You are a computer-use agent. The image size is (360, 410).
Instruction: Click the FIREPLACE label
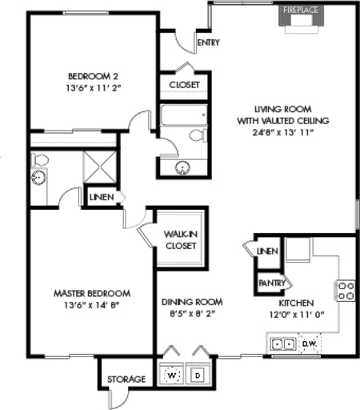tap(301, 10)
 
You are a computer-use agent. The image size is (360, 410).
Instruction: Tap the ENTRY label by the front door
tap(209, 42)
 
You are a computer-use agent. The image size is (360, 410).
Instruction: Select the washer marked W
tap(171, 375)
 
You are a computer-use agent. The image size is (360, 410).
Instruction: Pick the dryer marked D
tap(198, 376)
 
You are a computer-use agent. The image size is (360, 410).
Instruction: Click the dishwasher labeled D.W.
tap(310, 344)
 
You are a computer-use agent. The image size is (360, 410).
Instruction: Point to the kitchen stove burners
tap(346, 291)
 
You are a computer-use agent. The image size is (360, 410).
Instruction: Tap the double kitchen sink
tap(283, 344)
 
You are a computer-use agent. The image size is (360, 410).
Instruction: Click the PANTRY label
tap(272, 283)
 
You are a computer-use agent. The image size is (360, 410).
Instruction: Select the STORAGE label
tap(126, 380)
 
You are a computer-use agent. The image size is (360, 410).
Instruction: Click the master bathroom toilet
tap(39, 160)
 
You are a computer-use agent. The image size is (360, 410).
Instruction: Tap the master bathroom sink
tap(39, 178)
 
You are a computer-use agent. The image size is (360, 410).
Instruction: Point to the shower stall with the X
tap(100, 167)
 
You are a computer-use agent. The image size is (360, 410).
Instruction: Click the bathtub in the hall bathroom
tap(184, 115)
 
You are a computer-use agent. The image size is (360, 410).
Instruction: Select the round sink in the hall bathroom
tap(182, 168)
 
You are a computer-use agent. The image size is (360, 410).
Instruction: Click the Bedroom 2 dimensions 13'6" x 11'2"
tap(94, 88)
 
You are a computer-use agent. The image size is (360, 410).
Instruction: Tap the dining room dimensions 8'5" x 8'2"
tap(193, 313)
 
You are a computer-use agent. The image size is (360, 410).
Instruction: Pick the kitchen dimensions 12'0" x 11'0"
tap(297, 315)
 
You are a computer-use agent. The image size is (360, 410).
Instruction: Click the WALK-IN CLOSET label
tap(181, 240)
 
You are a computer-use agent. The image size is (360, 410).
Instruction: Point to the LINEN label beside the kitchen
tap(267, 251)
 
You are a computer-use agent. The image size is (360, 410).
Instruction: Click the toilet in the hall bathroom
tap(198, 135)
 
